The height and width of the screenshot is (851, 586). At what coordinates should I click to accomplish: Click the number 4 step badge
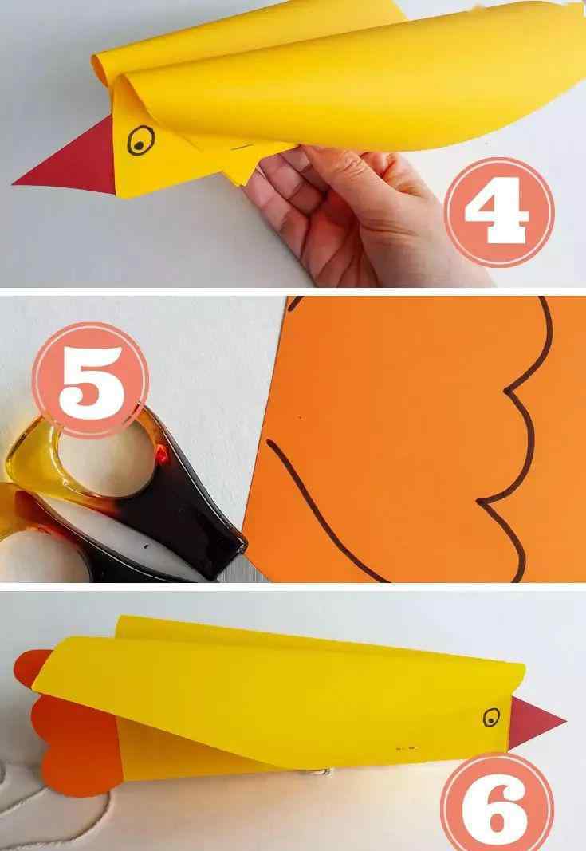click(x=499, y=211)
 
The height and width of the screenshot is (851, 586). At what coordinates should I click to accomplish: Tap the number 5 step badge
click(x=91, y=380)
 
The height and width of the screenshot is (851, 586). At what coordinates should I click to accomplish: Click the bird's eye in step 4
click(x=140, y=140)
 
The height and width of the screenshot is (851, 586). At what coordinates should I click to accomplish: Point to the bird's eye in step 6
click(x=492, y=717)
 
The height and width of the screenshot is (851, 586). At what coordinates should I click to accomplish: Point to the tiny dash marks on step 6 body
click(x=406, y=748)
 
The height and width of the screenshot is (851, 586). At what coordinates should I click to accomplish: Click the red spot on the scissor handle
click(x=162, y=454)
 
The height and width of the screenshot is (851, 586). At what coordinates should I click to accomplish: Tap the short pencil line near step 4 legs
click(x=242, y=147)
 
